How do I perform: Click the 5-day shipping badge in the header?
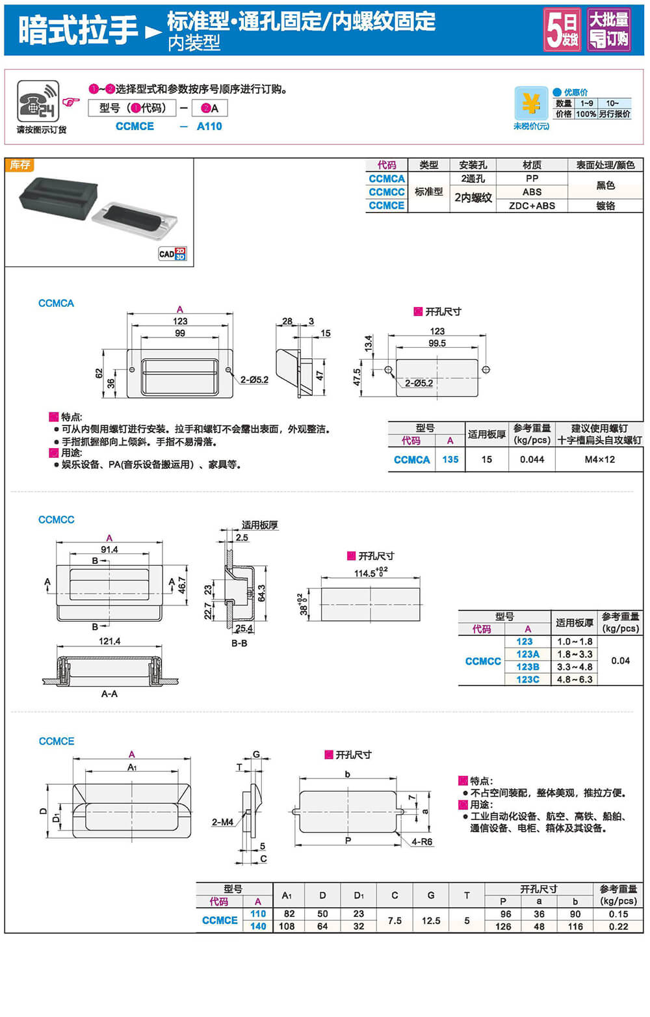[x=562, y=29]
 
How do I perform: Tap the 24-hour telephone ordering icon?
[x=38, y=101]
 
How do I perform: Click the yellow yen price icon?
[x=531, y=103]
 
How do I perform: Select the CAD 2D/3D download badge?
[x=172, y=254]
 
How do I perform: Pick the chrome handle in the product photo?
[x=134, y=221]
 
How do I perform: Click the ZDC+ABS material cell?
[x=532, y=205]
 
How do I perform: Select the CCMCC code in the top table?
[x=387, y=192]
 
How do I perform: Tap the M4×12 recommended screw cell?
[x=599, y=459]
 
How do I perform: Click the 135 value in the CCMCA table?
[x=450, y=459]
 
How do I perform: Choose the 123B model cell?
[x=528, y=667]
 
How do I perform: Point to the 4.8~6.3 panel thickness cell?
[x=575, y=680]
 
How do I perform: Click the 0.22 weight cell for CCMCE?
[x=618, y=926]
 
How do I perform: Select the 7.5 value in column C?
[x=395, y=920]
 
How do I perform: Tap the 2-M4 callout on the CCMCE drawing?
[x=222, y=822]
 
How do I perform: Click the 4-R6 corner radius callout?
[x=421, y=841]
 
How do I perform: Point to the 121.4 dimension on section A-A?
[x=109, y=641]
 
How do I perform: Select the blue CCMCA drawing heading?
[x=56, y=303]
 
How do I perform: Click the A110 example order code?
[x=209, y=126]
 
